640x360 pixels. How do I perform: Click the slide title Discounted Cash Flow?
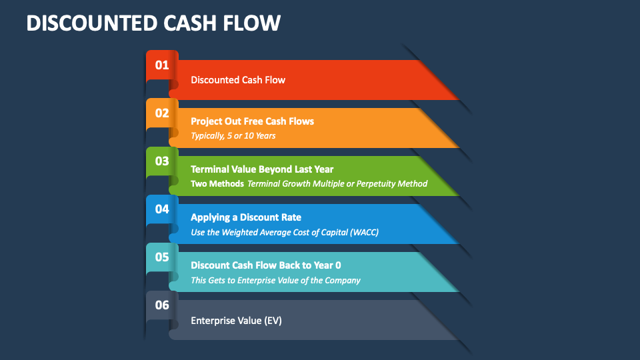(x=153, y=23)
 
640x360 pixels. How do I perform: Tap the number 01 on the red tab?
(x=162, y=65)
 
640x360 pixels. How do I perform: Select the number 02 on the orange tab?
(x=162, y=113)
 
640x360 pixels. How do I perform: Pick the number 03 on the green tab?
(x=162, y=161)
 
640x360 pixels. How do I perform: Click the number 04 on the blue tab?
(x=162, y=209)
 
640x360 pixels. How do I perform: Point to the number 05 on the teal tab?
(x=162, y=257)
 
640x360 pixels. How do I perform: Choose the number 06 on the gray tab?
(x=162, y=305)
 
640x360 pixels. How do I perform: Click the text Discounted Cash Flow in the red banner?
(x=238, y=80)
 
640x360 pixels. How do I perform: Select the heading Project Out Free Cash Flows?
(x=252, y=121)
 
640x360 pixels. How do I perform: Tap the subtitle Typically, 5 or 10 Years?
(x=233, y=136)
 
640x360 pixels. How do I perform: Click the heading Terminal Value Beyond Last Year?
(x=262, y=169)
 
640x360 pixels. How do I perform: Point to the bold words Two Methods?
(x=217, y=184)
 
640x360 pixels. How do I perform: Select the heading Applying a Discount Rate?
(x=246, y=217)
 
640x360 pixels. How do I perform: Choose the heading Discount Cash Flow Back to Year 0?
(x=266, y=265)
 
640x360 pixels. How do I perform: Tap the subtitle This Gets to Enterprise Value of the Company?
(x=275, y=280)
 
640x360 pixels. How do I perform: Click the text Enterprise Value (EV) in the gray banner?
(x=236, y=321)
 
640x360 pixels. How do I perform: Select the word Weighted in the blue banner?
(x=244, y=232)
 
